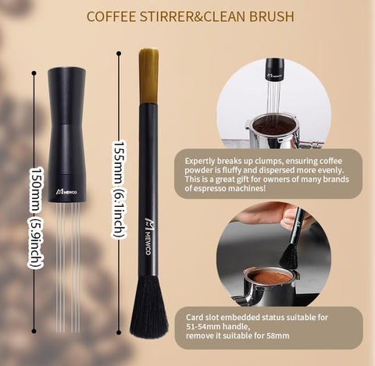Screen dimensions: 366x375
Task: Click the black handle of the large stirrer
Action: pos(66,125)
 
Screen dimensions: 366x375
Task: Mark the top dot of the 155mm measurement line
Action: pos(119,54)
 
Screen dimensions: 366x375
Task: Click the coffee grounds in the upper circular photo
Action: pos(270,125)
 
